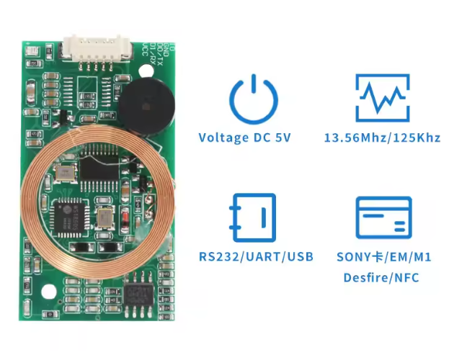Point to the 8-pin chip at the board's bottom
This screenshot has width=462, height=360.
138,295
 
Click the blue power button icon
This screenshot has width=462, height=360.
253,99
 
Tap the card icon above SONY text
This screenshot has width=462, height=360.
383,217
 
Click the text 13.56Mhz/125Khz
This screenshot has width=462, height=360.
382,138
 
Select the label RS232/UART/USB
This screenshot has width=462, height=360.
256,256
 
